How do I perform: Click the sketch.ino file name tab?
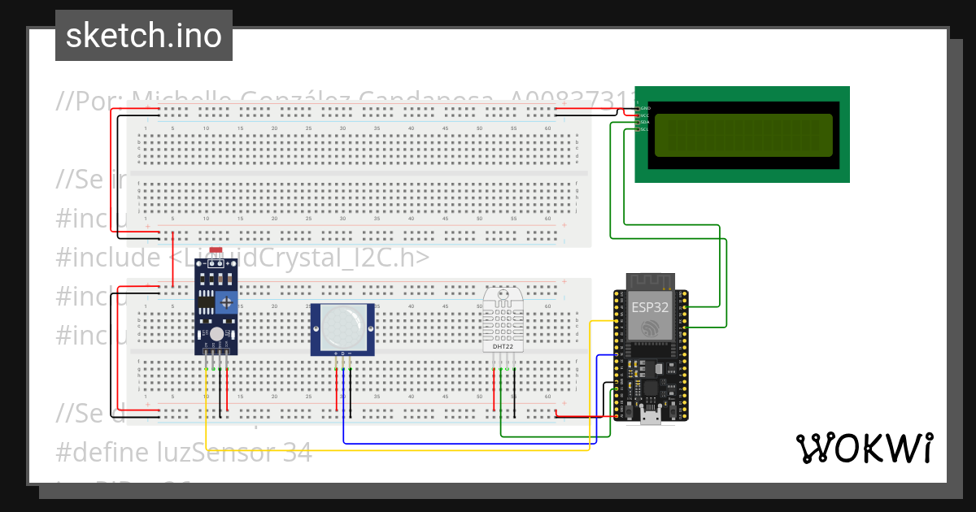tap(144, 36)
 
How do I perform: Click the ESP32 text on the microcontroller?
tap(650, 306)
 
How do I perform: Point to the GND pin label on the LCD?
tap(644, 108)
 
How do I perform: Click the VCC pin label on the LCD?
tap(644, 115)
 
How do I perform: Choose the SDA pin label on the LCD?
tap(644, 123)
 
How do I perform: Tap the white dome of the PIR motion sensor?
tap(342, 329)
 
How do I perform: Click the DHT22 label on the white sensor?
tap(502, 347)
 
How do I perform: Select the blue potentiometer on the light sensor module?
tap(228, 303)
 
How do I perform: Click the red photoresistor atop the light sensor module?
tap(216, 254)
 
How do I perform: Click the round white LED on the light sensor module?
tap(216, 334)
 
